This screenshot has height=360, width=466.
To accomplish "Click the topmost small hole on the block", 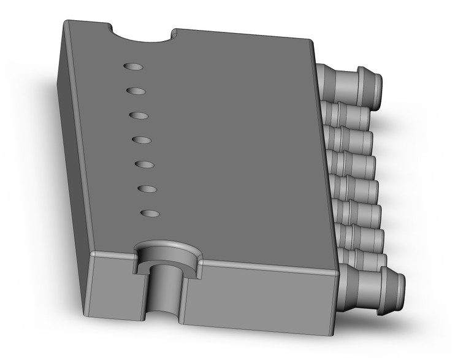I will (x=132, y=66).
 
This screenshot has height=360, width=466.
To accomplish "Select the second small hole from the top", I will (x=136, y=91).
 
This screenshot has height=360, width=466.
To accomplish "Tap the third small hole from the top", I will (x=139, y=115).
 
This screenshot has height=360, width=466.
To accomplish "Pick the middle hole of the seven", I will (x=142, y=140).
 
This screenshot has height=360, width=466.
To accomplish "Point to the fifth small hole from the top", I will (x=144, y=165).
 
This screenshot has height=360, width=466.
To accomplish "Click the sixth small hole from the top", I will (x=147, y=189).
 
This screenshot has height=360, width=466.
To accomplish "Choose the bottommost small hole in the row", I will (x=150, y=213).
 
